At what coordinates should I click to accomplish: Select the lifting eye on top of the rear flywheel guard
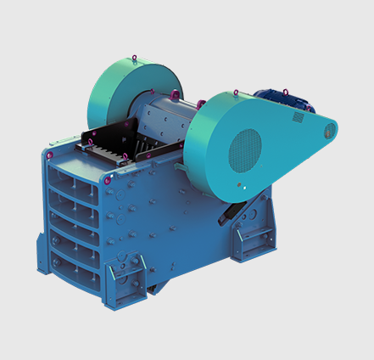(133, 59)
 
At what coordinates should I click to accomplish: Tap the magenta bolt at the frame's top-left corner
(50, 155)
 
